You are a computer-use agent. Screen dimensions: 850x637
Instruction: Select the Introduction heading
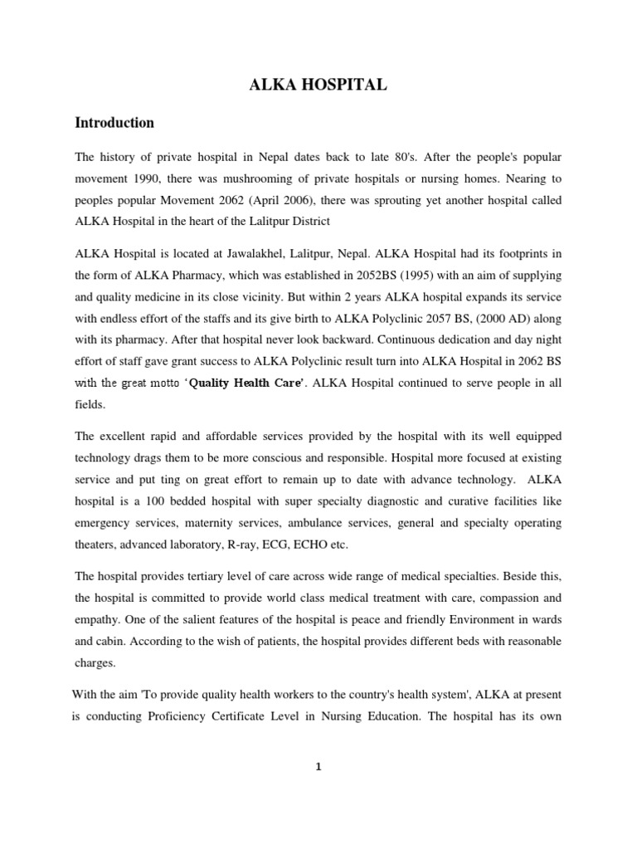point(114,123)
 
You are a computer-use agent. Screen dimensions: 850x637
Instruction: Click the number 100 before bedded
point(152,501)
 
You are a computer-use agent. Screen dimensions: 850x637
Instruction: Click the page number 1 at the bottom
point(318,766)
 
